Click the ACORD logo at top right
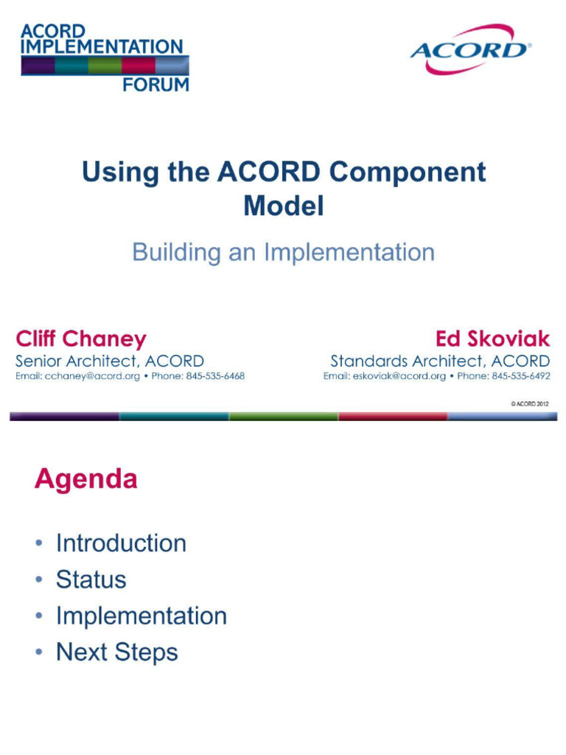469,49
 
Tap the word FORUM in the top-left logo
156,84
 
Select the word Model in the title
283,206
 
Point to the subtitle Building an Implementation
283,253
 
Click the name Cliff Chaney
81,339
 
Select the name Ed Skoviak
492,339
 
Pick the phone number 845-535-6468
213,376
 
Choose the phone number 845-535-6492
519,376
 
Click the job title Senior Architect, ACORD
110,361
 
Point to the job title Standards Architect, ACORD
440,361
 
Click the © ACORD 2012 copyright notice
529,404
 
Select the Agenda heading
85,479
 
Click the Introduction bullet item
121,543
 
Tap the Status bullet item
91,580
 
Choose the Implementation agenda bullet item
141,616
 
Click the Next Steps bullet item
116,653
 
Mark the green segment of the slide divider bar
283,417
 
